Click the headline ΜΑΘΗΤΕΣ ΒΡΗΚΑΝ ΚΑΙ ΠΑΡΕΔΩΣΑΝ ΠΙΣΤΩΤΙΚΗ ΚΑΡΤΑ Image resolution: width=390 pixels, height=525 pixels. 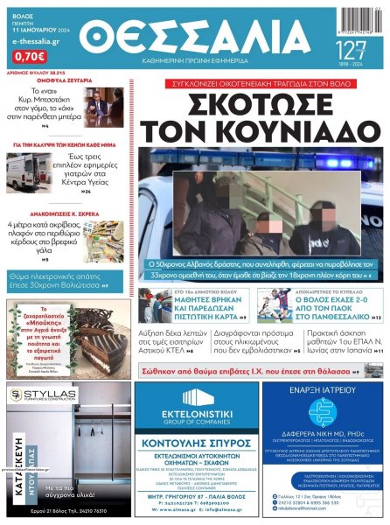point(208,304)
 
